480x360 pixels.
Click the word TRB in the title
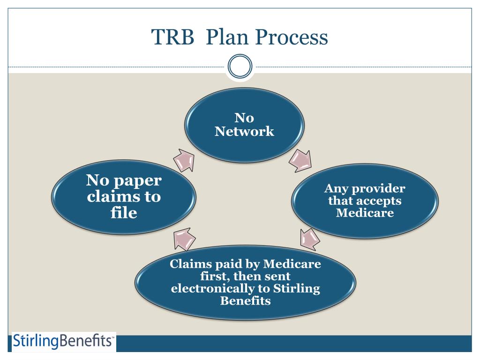170,37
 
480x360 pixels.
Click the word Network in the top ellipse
244,131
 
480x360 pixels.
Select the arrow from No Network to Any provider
300,161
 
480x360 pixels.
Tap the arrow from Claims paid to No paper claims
184,239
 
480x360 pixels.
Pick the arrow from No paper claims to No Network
184,162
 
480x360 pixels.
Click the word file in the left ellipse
121,214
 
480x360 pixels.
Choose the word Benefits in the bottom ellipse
245,301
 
